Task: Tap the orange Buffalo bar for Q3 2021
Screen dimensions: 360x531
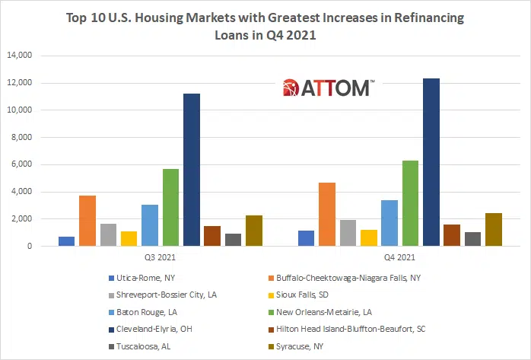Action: [87, 221]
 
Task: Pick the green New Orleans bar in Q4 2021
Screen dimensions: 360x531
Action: [410, 203]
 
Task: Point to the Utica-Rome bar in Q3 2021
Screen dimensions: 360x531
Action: [66, 241]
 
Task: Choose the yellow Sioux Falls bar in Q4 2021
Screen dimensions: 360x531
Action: [368, 237]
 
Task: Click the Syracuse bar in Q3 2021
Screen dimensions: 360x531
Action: [254, 231]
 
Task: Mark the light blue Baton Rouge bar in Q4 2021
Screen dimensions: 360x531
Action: [390, 223]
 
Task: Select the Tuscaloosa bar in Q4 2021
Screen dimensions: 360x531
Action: [472, 239]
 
